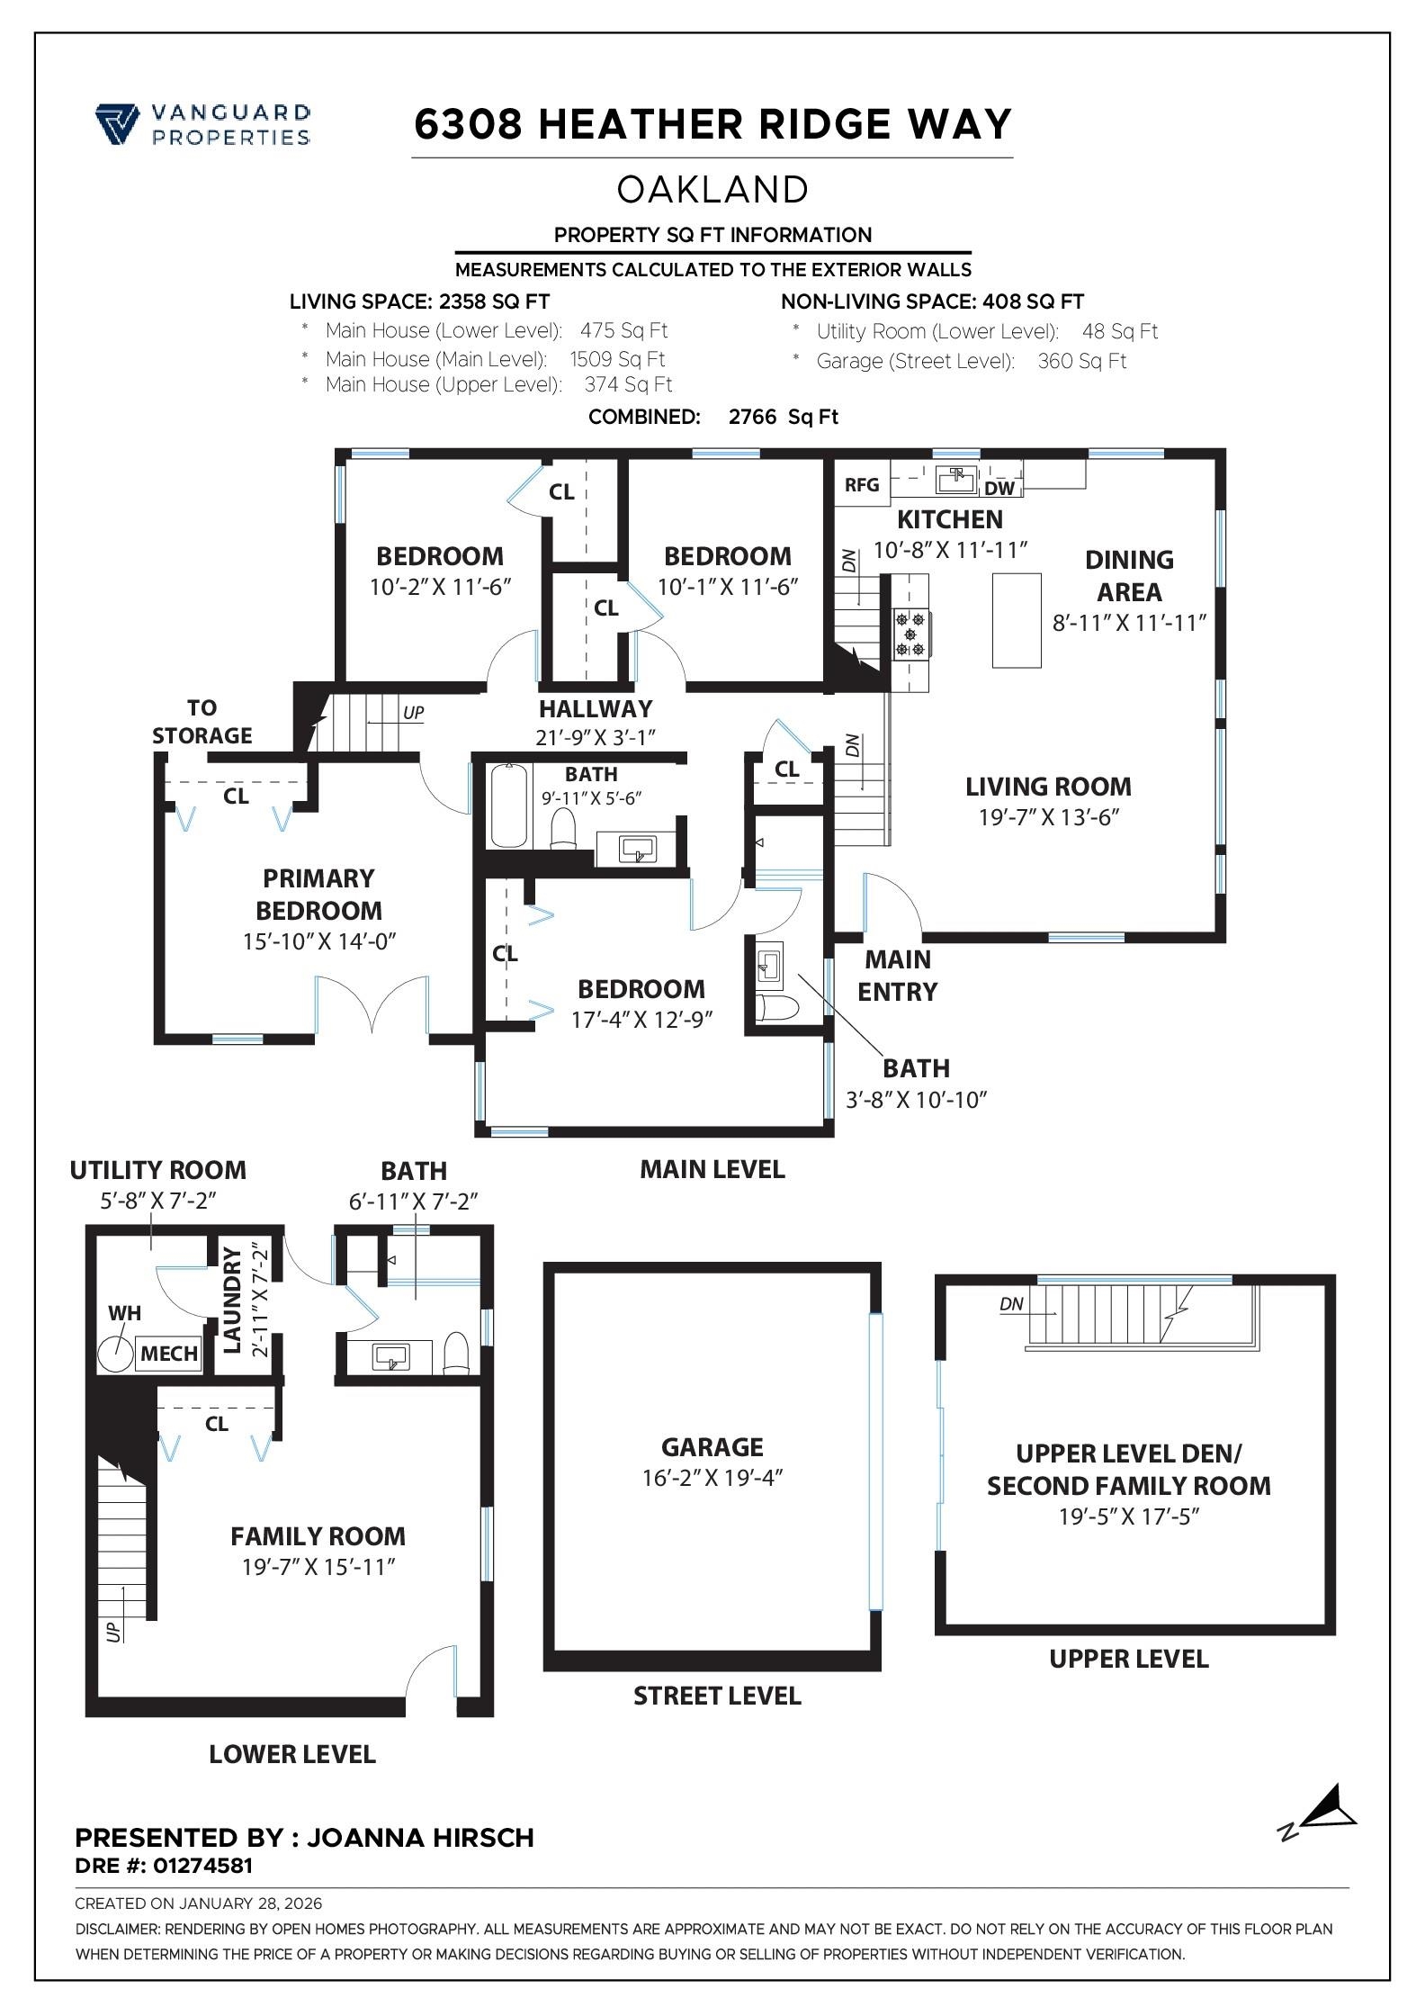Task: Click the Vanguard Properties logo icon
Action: (117, 124)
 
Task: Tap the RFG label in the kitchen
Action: (861, 485)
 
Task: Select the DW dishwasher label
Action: (999, 489)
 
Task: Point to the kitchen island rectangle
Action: (1016, 620)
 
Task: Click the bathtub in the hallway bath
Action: (509, 805)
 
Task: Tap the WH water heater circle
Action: (115, 1353)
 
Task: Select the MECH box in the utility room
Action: (169, 1354)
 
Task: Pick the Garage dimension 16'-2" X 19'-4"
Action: (712, 1478)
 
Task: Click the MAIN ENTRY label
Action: (897, 976)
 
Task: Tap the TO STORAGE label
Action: (202, 722)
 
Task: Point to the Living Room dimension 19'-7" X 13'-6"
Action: (1048, 817)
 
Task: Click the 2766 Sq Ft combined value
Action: (783, 417)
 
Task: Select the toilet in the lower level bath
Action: (457, 1353)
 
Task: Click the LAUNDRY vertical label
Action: (232, 1299)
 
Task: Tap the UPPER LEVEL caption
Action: (1128, 1659)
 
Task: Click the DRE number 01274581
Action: (202, 1866)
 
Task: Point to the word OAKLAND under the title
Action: (712, 190)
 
